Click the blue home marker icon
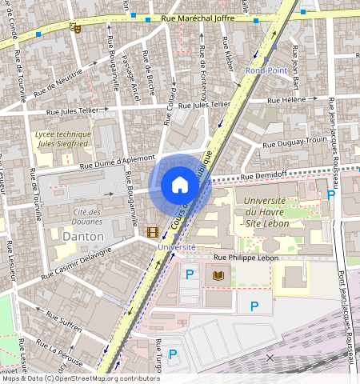point(180,185)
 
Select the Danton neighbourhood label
point(83,237)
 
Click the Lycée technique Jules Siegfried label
point(63,140)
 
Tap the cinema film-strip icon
point(152,232)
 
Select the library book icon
point(218,276)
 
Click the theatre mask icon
point(76,28)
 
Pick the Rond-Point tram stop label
point(265,70)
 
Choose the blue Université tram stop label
point(176,247)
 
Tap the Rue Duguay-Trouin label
point(295,141)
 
